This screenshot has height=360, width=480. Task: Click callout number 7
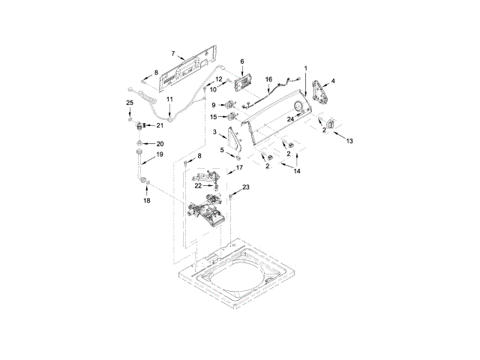pyautogui.click(x=173, y=53)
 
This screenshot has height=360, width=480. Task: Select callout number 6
pyautogui.click(x=242, y=61)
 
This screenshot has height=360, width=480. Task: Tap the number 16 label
pyautogui.click(x=268, y=79)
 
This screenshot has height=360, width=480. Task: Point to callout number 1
pyautogui.click(x=306, y=68)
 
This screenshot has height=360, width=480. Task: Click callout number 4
pyautogui.click(x=333, y=80)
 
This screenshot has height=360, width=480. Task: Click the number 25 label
pyautogui.click(x=129, y=102)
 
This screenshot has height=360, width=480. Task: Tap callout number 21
pyautogui.click(x=159, y=125)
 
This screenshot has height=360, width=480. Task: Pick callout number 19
pyautogui.click(x=159, y=154)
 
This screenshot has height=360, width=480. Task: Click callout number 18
pyautogui.click(x=147, y=202)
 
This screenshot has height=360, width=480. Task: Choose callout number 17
pyautogui.click(x=240, y=168)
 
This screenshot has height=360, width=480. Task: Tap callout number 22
pyautogui.click(x=199, y=184)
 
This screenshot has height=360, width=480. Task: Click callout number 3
pyautogui.click(x=215, y=133)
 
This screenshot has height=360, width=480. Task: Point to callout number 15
pyautogui.click(x=214, y=117)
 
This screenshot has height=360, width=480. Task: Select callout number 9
pyautogui.click(x=213, y=104)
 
